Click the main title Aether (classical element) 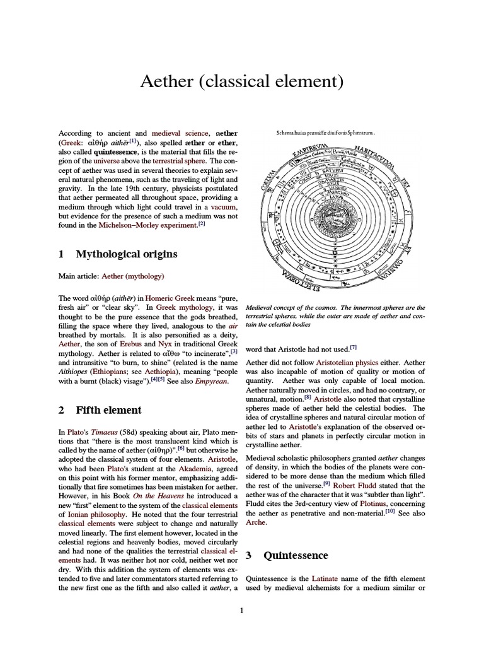(x=242, y=81)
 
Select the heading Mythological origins (x=126, y=254)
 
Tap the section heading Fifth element (x=108, y=410)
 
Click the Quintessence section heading (x=296, y=556)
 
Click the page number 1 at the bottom (x=242, y=610)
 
